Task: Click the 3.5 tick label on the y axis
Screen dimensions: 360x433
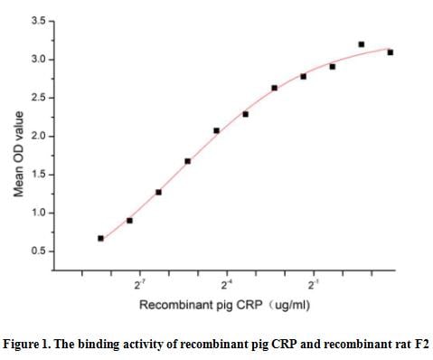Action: click(x=38, y=20)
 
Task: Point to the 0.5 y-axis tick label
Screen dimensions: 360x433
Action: click(x=38, y=251)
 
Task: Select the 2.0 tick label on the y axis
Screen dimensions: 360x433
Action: click(x=38, y=136)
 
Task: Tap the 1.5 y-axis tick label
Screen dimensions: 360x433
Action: click(x=38, y=174)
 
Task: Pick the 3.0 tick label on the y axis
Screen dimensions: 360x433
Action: click(x=38, y=59)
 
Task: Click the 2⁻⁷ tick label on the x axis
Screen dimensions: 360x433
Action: click(x=140, y=284)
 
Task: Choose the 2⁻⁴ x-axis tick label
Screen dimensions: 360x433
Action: click(x=227, y=284)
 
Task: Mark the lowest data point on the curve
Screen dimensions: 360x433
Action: click(x=100, y=239)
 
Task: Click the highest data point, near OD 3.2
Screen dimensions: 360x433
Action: click(x=362, y=44)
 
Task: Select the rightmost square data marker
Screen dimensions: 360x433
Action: click(x=391, y=52)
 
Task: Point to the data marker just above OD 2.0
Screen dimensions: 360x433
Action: click(x=217, y=130)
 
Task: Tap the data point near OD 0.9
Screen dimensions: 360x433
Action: click(x=129, y=221)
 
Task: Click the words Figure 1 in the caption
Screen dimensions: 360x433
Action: click(x=33, y=344)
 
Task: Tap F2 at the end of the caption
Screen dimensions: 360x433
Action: click(x=419, y=344)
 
